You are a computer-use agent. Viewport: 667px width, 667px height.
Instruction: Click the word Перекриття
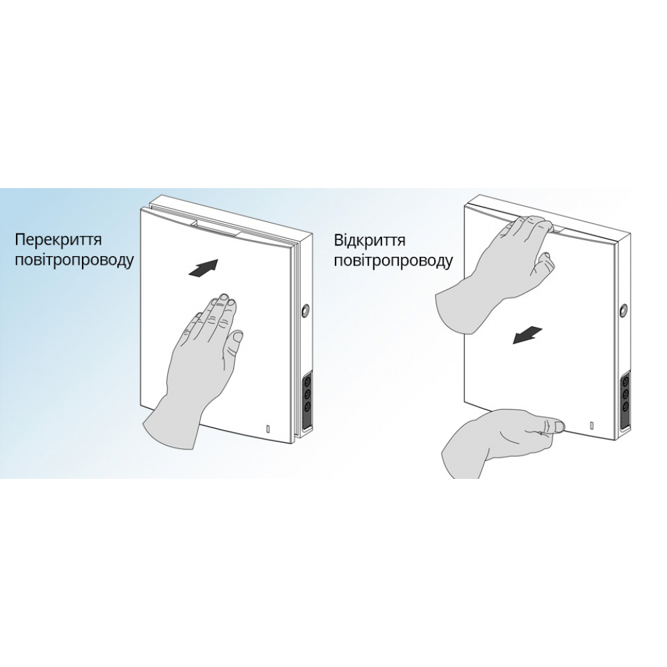coord(58,239)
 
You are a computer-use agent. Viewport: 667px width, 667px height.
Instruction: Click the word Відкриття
coord(370,240)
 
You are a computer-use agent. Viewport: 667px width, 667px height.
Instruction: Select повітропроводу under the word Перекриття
coord(75,260)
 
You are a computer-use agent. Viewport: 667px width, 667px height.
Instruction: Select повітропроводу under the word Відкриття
coord(393,261)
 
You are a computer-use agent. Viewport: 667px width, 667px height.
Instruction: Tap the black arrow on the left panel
coord(203,269)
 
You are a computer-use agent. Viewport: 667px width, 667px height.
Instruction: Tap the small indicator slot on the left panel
coord(268,429)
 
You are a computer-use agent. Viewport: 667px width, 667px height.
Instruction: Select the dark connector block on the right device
coord(625,400)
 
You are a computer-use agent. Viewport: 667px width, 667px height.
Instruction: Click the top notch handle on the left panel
coord(216,226)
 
